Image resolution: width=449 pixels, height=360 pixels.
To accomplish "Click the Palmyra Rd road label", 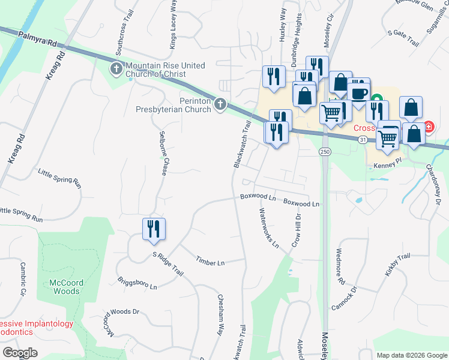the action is coord(37,40).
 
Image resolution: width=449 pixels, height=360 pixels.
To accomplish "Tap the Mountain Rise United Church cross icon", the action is coord(115,70).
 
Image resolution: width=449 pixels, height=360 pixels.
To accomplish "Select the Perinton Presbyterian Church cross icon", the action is coord(220,106).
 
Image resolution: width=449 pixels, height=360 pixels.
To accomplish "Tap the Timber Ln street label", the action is coord(210,262).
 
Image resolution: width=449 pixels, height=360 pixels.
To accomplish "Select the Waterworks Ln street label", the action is coord(269,228).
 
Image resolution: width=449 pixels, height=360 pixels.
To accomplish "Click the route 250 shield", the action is coord(325,152).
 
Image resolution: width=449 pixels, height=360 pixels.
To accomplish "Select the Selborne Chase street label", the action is coord(163,154).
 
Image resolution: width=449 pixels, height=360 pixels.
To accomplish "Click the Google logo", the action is coord(20,352).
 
